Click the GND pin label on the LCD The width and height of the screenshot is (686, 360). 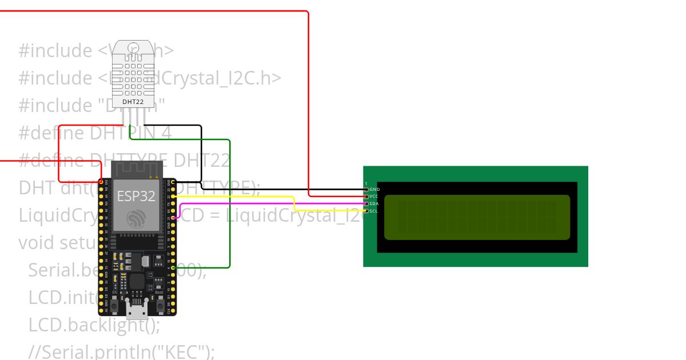point(374,189)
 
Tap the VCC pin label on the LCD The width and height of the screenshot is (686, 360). point(374,196)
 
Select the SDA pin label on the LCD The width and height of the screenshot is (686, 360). point(374,203)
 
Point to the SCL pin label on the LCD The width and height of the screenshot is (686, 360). point(374,211)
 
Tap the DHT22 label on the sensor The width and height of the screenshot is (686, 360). point(133,102)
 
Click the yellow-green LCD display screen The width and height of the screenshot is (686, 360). point(477,217)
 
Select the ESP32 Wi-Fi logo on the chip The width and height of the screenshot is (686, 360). point(136,219)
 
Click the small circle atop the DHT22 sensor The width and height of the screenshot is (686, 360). point(133,47)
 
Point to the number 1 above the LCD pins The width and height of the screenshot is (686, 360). point(366,183)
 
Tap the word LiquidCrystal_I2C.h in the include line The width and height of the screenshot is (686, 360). point(189,78)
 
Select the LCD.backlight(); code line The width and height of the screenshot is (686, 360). point(94,325)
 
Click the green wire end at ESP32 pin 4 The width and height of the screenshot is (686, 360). point(173,267)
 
